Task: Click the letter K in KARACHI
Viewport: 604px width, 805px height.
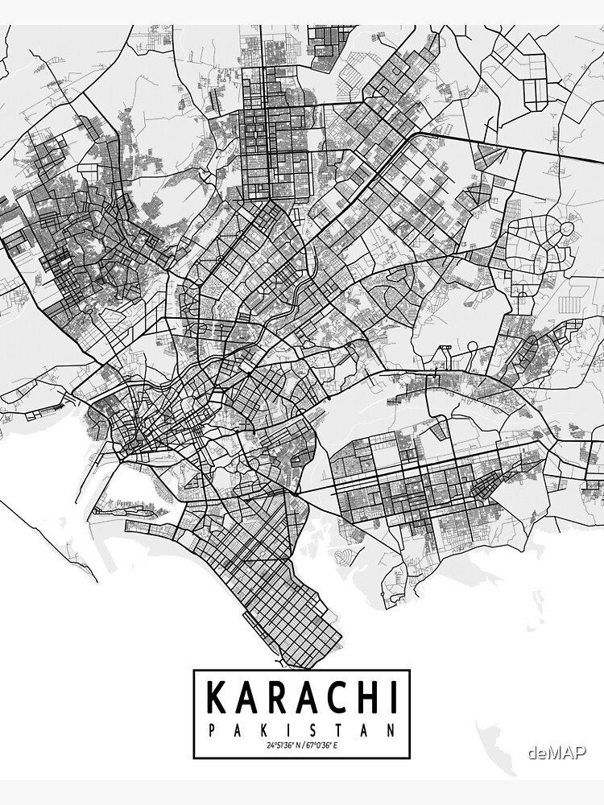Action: (218, 697)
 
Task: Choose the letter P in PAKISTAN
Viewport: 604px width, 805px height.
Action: (211, 731)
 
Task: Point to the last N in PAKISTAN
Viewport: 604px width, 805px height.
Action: (392, 731)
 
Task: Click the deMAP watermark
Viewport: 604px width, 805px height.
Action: (557, 753)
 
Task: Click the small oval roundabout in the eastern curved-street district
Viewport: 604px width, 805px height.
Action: (568, 230)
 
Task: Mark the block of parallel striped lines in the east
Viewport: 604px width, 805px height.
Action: (570, 301)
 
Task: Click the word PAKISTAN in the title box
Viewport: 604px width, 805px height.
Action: (301, 731)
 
